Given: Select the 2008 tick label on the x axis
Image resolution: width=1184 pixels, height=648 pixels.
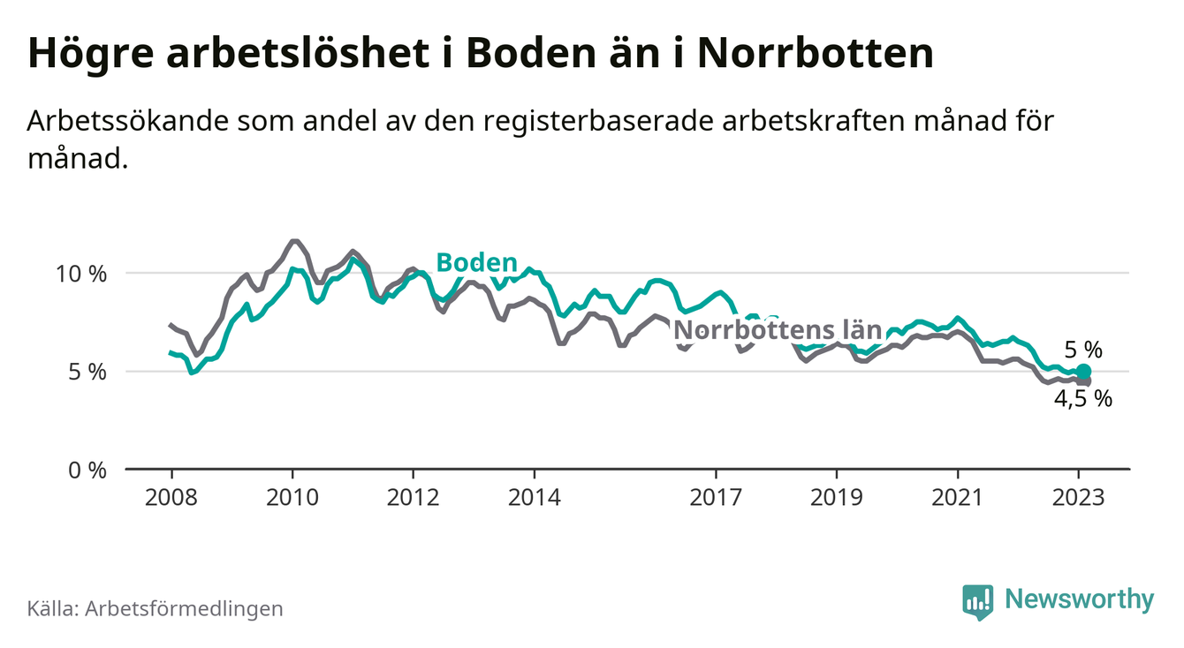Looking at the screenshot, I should [171, 498].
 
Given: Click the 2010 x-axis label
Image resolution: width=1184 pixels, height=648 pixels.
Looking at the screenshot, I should [292, 498].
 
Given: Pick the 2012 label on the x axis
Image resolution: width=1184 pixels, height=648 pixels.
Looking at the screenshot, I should [413, 498].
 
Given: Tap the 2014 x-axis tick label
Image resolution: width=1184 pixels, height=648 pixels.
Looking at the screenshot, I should [534, 498].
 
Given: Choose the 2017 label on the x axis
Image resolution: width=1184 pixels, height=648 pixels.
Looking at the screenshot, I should [715, 498].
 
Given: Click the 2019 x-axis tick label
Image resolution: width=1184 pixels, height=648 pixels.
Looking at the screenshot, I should [836, 498].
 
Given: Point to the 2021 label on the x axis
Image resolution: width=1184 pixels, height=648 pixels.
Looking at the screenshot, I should [957, 498].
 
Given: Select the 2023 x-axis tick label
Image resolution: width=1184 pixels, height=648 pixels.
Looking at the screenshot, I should [1078, 498].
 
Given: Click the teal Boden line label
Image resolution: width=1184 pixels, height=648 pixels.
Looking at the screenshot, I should [477, 262].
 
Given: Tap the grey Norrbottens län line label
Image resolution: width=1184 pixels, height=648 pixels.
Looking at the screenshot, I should [778, 331].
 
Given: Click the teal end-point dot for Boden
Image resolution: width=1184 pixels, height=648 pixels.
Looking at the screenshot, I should [1083, 372].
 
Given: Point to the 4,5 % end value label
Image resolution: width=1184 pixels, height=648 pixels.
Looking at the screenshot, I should [1082, 398].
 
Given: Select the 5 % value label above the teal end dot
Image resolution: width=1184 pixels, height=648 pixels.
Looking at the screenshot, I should [1083, 350].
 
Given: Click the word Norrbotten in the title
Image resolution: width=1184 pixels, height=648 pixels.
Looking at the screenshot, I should [815, 53].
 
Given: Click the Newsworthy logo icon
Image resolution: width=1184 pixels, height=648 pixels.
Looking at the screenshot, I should [977, 601].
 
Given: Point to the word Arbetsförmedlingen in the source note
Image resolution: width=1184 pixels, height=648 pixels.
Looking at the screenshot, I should [184, 608].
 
